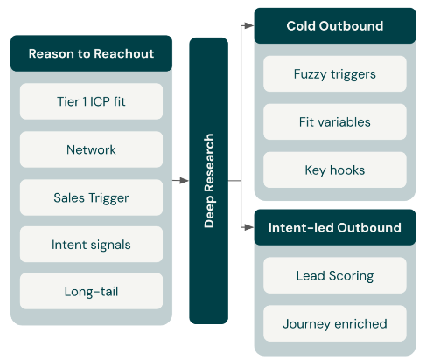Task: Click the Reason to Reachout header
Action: tap(91, 53)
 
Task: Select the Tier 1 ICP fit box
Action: tap(91, 101)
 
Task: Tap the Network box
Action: tap(91, 149)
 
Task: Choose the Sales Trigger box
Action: tap(91, 197)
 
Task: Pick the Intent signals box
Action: tap(91, 245)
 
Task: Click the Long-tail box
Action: tap(91, 291)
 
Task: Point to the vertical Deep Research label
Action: tap(209, 181)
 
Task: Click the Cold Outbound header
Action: tap(335, 26)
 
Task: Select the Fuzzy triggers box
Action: tap(335, 74)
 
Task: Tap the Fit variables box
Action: tap(335, 121)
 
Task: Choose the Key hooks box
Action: tap(335, 170)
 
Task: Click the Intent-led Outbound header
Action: tap(335, 227)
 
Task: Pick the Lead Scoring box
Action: tap(335, 275)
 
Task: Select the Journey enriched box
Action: tap(335, 323)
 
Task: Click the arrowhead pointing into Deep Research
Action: tap(185, 181)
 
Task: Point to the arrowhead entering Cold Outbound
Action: tap(249, 25)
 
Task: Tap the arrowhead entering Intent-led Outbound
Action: tap(249, 227)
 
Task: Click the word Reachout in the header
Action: tap(124, 53)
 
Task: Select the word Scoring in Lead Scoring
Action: tap(351, 276)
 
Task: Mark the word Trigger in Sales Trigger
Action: tap(108, 198)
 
